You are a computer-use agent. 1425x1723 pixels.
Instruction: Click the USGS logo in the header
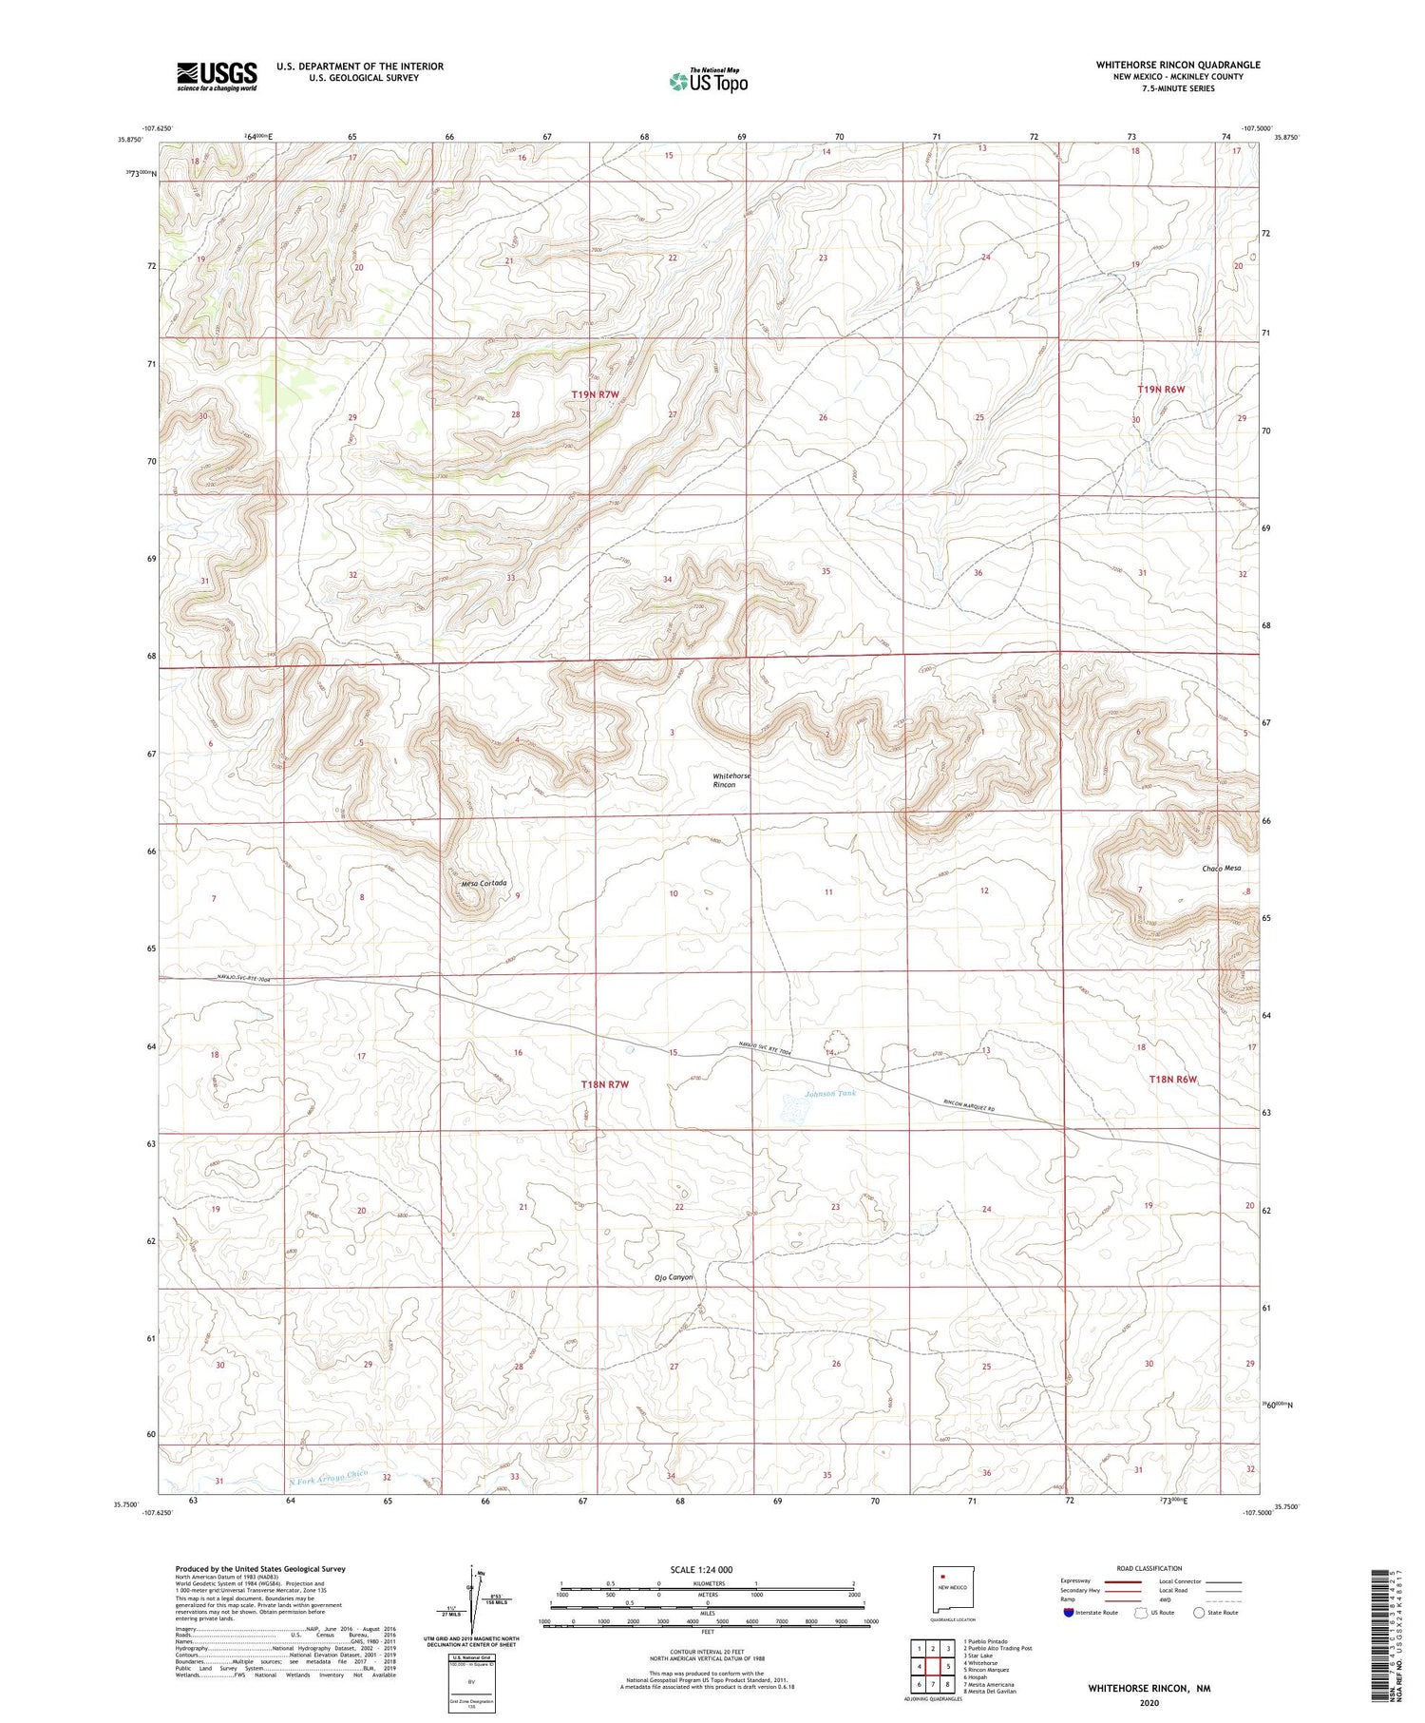pos(217,76)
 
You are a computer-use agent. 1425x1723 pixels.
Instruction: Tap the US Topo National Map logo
pos(708,82)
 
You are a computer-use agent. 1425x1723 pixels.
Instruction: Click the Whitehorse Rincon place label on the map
pos(731,780)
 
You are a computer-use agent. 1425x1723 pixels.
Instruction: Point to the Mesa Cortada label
pos(484,884)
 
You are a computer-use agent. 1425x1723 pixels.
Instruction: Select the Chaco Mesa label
pos(1221,869)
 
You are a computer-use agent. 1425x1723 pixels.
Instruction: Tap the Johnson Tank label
pos(830,1094)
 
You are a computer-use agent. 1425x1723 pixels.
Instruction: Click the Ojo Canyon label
pos(674,1277)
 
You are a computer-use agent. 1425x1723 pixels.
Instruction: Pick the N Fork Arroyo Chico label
pos(328,1477)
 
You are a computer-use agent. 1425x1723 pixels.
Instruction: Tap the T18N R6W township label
pos(1172,1080)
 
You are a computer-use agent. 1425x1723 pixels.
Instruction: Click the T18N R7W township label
pos(605,1084)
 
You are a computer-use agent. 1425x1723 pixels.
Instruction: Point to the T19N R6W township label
pos(1161,390)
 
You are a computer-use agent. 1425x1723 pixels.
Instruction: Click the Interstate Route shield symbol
pos(1069,1613)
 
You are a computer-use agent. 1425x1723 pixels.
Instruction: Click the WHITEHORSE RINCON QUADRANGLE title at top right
pos(1178,66)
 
